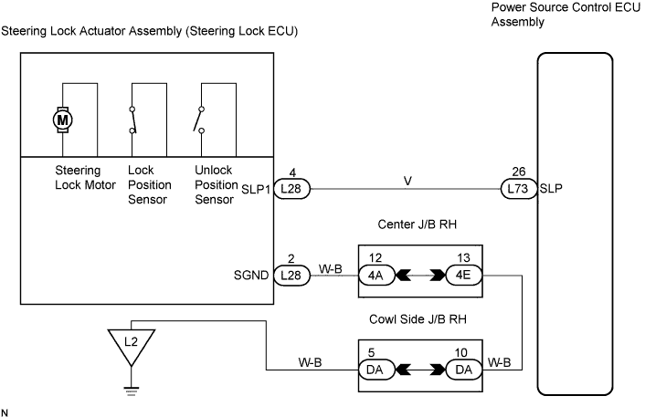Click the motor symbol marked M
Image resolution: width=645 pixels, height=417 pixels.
click(63, 119)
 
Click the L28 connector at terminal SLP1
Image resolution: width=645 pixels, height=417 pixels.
click(291, 189)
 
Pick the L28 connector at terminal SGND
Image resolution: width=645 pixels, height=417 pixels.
click(291, 275)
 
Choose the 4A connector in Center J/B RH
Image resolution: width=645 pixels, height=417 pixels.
click(375, 275)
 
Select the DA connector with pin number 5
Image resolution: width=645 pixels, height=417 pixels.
click(375, 370)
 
